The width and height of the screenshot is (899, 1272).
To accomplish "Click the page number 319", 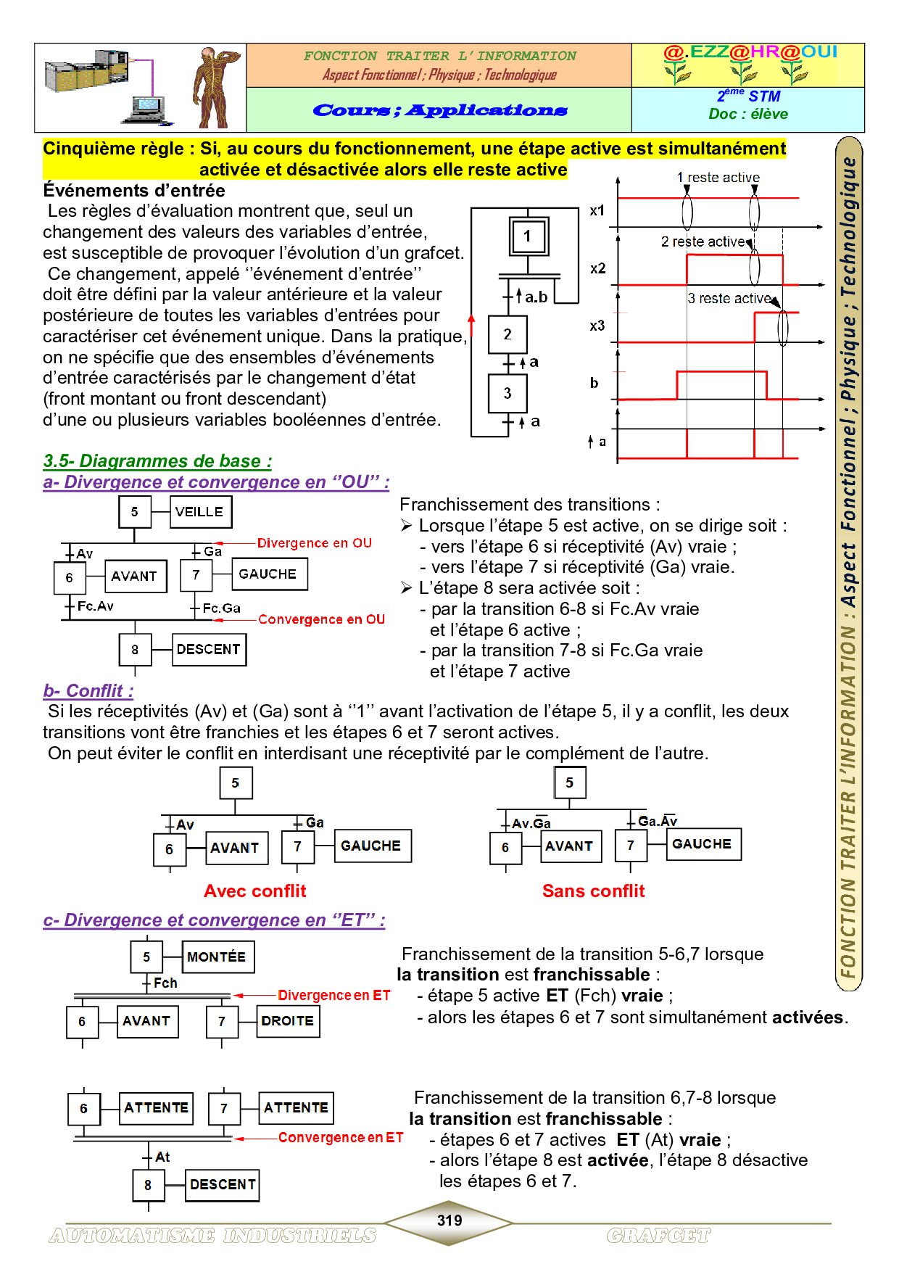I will pyautogui.click(x=449, y=1221).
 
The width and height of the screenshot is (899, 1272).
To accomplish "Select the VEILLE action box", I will pyautogui.click(x=200, y=512).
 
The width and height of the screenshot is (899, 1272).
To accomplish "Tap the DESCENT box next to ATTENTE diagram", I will pyautogui.click(x=223, y=1185).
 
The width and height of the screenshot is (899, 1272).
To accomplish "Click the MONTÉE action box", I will pyautogui.click(x=217, y=957).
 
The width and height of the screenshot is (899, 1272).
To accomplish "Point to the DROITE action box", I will pyautogui.click(x=288, y=1021).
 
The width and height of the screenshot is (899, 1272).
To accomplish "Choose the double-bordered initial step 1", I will pyautogui.click(x=528, y=236).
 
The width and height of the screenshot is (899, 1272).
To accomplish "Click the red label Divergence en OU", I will pyautogui.click(x=314, y=543).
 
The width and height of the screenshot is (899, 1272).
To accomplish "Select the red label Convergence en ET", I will pyautogui.click(x=341, y=1138).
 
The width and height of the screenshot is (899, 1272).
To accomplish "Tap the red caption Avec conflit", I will pyautogui.click(x=255, y=891).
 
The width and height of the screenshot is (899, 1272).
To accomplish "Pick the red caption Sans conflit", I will pyautogui.click(x=593, y=891).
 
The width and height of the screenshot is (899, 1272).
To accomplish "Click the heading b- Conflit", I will pyautogui.click(x=88, y=691).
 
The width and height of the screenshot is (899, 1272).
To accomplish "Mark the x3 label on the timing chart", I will pyautogui.click(x=597, y=326).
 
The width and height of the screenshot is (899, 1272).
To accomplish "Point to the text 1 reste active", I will pyautogui.click(x=718, y=178).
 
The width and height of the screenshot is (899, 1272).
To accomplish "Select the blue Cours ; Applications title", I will pyautogui.click(x=439, y=111).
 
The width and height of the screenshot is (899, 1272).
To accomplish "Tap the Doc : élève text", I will pyautogui.click(x=748, y=114).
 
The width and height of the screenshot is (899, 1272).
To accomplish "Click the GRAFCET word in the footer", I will pyautogui.click(x=658, y=1236).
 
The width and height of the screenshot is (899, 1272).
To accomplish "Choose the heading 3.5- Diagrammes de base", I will pyautogui.click(x=157, y=461).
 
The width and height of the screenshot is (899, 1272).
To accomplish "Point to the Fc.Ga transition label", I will pyautogui.click(x=221, y=608).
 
